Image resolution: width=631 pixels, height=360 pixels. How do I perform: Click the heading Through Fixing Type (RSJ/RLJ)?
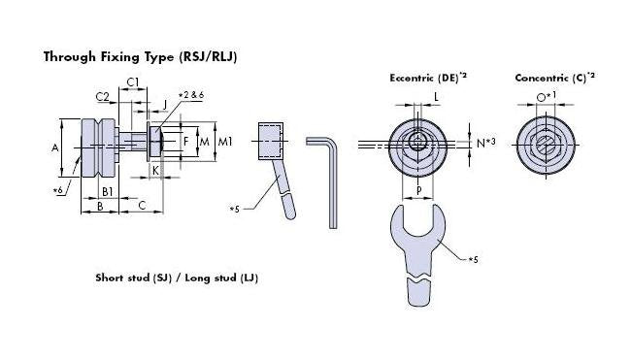click(140, 56)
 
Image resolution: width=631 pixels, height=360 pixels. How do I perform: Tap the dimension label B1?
click(108, 191)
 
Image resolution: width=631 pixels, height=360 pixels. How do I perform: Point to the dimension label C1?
click(133, 82)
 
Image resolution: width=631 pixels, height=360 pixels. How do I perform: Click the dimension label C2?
click(102, 96)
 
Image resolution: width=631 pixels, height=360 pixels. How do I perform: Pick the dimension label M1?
click(225, 143)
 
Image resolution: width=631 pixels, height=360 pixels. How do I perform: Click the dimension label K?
click(155, 170)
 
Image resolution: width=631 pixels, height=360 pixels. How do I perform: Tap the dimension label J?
click(164, 104)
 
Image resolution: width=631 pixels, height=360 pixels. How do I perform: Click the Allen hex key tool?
click(330, 180)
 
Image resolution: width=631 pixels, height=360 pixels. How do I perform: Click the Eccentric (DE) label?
click(425, 77)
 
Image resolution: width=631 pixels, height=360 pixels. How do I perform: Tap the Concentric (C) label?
click(554, 77)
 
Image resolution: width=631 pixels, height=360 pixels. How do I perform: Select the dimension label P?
click(418, 191)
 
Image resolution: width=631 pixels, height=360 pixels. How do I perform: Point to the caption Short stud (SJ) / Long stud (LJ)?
click(176, 278)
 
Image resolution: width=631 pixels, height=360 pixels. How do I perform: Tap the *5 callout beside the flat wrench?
click(473, 260)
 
